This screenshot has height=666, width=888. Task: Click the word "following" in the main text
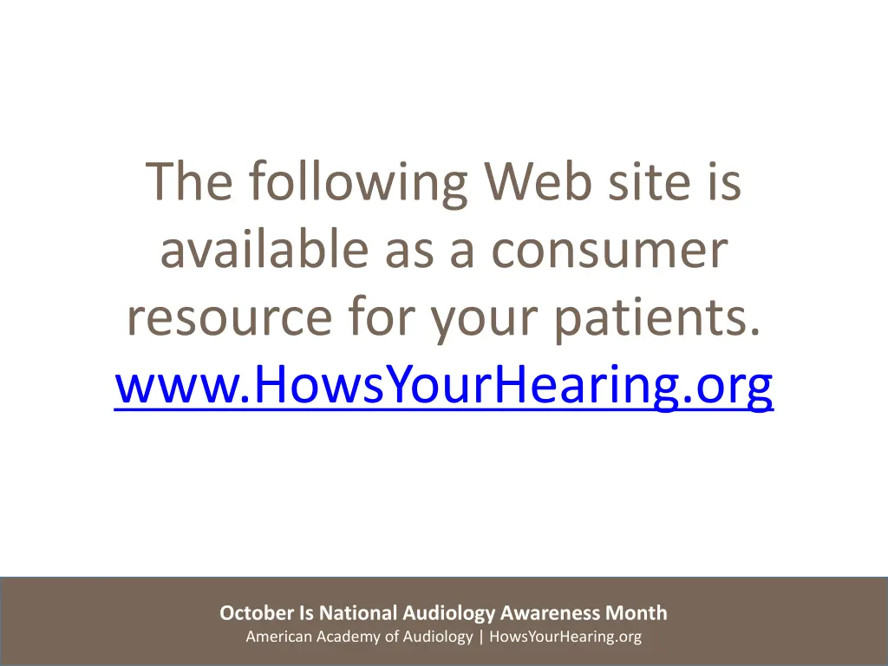pos(358,183)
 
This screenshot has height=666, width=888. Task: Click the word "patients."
pos(660,320)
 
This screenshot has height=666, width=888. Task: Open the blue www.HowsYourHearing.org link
pos(443,388)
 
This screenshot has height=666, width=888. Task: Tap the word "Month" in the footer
pos(637,613)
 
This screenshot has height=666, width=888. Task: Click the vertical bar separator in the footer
pos(481,637)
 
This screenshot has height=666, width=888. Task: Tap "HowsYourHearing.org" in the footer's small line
pos(565,637)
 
